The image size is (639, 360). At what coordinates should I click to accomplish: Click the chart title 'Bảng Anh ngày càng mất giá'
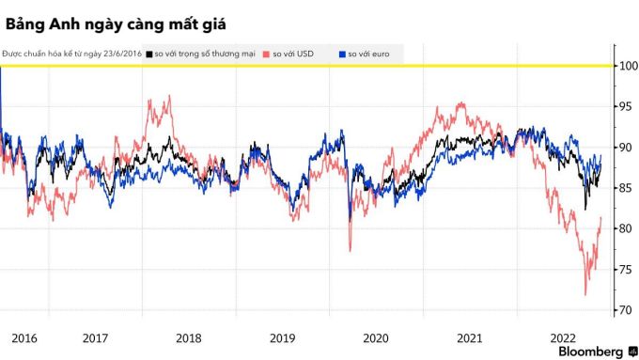pos(116,24)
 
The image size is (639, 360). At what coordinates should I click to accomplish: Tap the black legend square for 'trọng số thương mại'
pos(149,55)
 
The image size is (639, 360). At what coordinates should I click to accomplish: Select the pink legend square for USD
pos(266,55)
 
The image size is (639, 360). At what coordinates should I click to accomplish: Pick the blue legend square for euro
pos(342,55)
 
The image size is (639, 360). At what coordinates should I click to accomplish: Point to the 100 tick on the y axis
pos(629,66)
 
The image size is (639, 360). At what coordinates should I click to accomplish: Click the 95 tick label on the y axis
pos(628,107)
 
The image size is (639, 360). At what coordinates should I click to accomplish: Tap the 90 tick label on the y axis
pos(628,148)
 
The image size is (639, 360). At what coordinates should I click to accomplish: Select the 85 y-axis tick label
pos(628,188)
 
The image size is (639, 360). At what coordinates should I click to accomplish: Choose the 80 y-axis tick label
pos(628,228)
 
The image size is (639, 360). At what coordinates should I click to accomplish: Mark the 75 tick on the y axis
pos(628,270)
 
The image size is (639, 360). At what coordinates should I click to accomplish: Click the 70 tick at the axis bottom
pos(628,310)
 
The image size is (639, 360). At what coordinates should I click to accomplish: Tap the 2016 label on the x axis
pos(24,338)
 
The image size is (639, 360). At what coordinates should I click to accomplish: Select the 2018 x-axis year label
pos(189,338)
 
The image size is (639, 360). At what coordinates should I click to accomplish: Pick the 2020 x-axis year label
pos(376,338)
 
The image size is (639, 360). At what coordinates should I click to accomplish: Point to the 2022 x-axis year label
pos(563,338)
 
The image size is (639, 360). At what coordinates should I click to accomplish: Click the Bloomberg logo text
pos(590,352)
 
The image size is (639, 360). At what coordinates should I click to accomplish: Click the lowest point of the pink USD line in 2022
pos(585,295)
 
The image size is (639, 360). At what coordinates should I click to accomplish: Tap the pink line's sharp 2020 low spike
pos(351,251)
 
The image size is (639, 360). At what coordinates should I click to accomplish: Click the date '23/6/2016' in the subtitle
pos(123,54)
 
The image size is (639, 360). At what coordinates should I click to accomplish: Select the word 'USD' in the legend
pos(305,54)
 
